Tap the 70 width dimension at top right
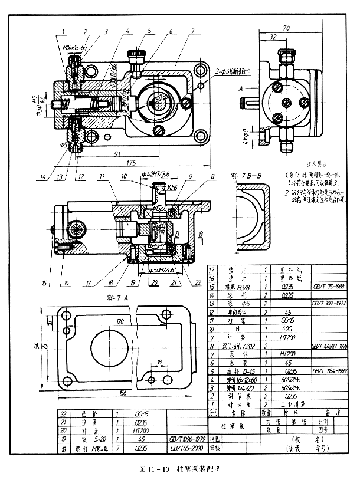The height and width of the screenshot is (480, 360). tap(287, 28)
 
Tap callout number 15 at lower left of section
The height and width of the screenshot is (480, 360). tap(44, 283)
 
